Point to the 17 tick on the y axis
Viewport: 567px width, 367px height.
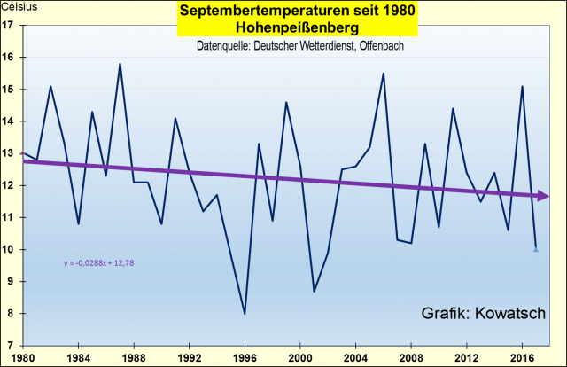8,25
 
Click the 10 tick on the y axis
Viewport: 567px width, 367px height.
8,249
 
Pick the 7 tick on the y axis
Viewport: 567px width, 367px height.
10,346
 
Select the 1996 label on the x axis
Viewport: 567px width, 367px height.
245,357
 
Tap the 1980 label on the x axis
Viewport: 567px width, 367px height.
21,357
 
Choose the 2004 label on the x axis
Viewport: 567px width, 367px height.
355,357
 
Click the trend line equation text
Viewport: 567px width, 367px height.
98,262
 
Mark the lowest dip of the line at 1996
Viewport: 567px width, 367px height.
245,313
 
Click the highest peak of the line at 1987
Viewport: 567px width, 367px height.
120,64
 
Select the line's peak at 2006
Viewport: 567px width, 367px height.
383,74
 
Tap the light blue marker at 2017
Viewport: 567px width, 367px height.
535,249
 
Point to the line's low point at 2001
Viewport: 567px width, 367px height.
314,291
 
